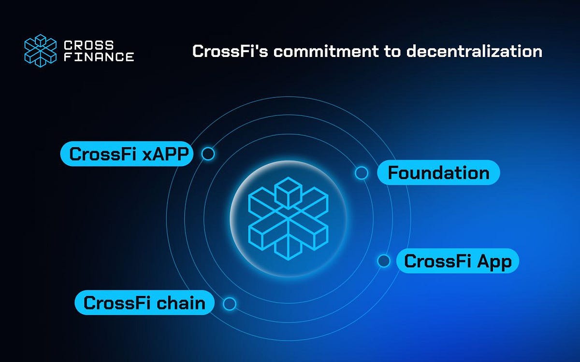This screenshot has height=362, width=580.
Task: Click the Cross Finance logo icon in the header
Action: click(41, 51)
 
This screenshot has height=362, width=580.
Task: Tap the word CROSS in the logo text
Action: click(89, 45)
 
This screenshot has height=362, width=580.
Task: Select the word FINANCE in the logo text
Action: click(99, 57)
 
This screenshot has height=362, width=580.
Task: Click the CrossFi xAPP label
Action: click(127, 154)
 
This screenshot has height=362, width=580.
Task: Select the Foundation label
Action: click(438, 172)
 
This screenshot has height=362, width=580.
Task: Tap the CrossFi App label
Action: click(457, 261)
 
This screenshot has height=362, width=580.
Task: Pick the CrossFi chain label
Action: click(144, 303)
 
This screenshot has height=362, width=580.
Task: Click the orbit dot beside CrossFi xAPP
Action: click(208, 154)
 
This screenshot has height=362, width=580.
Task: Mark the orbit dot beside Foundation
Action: click(361, 173)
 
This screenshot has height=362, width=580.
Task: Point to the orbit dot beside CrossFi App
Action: click(384, 261)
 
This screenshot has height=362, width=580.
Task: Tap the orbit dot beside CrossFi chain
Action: click(230, 304)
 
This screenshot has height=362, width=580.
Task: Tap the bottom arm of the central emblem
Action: click(289, 244)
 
